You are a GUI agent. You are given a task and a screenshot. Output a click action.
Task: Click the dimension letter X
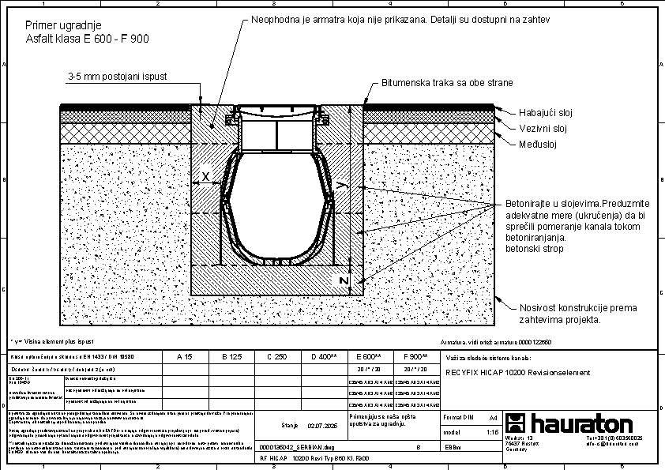(205, 177)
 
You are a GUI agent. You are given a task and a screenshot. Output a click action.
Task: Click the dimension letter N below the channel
(344, 280)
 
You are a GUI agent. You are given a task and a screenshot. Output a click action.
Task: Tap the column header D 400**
(324, 357)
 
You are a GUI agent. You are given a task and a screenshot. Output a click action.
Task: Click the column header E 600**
(369, 357)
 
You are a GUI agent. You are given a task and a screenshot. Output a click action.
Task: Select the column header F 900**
(415, 357)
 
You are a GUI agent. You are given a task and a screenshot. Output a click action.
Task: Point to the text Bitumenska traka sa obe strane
(447, 82)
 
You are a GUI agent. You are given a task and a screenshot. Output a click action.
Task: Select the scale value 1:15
(492, 432)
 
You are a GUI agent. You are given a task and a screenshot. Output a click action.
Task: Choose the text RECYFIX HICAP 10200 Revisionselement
(517, 373)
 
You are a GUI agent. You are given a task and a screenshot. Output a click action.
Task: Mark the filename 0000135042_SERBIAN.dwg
(292, 447)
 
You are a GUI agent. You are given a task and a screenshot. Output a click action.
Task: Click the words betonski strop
(533, 248)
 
